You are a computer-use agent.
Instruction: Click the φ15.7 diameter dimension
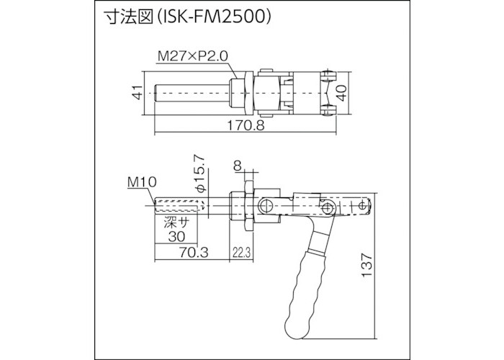pos(202,173)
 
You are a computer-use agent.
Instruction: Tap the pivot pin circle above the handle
pos(328,209)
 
